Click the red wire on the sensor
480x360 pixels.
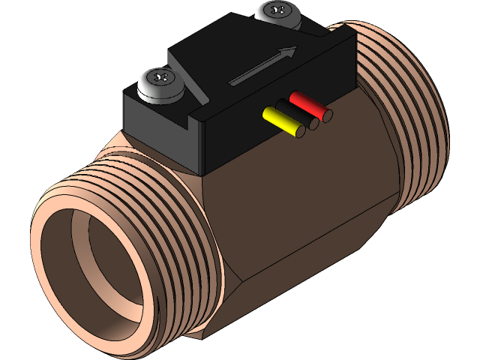click(x=306, y=104)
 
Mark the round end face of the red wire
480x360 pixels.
click(x=327, y=115)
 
